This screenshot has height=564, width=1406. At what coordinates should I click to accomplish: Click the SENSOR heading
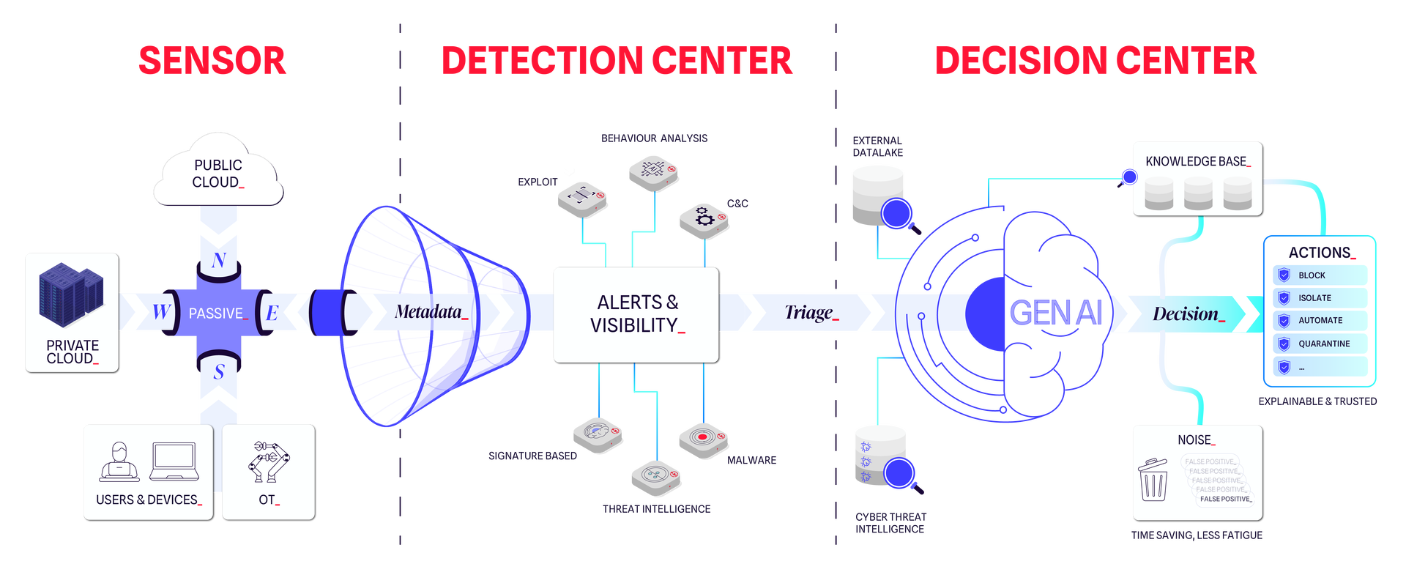(x=212, y=61)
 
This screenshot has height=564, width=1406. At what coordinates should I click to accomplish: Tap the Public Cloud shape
(x=217, y=173)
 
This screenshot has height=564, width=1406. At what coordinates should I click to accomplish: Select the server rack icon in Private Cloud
(x=71, y=294)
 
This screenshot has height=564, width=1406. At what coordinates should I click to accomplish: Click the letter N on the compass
(x=218, y=260)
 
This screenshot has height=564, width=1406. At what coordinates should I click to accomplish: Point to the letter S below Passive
(x=218, y=372)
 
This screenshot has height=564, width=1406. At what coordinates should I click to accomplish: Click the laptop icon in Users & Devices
(x=174, y=461)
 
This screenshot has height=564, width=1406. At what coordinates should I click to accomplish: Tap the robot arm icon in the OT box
(x=268, y=461)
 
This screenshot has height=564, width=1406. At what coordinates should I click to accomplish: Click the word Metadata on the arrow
(x=428, y=312)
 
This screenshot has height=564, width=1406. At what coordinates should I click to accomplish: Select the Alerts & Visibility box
(x=635, y=314)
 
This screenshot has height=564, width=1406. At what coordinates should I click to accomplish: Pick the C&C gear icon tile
(x=704, y=219)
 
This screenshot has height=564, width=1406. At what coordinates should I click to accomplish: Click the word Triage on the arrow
(x=808, y=313)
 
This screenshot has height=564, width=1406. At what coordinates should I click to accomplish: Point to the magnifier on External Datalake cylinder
(x=898, y=214)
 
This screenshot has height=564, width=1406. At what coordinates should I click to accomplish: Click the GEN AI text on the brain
(x=1055, y=313)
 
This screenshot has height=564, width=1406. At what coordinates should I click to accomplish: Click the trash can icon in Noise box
(x=1154, y=480)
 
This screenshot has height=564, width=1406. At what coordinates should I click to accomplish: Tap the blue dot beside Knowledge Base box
(x=1129, y=177)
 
